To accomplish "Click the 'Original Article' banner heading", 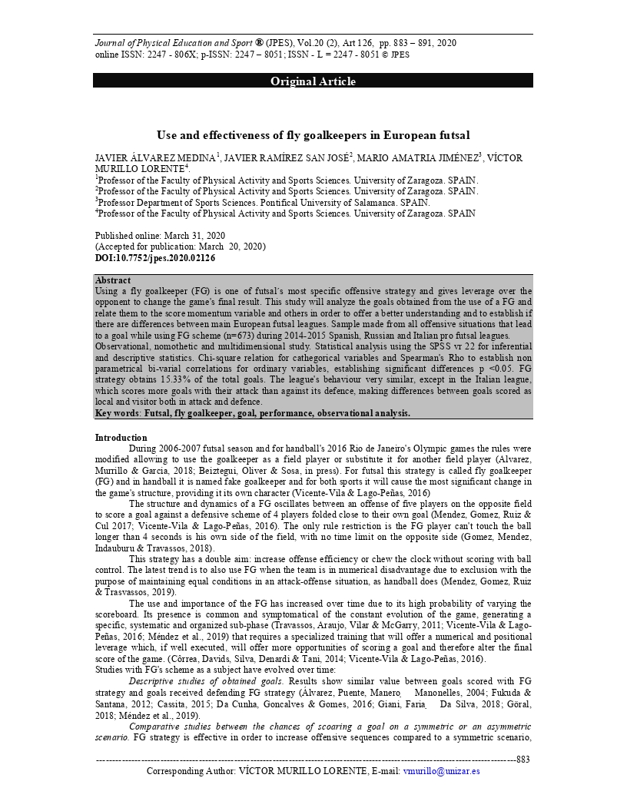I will click(x=313, y=81).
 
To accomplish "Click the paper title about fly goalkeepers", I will click(x=313, y=135).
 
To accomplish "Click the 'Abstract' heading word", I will click(x=112, y=280).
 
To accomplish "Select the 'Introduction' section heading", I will click(x=121, y=438).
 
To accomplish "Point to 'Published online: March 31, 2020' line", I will click(x=160, y=235).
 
